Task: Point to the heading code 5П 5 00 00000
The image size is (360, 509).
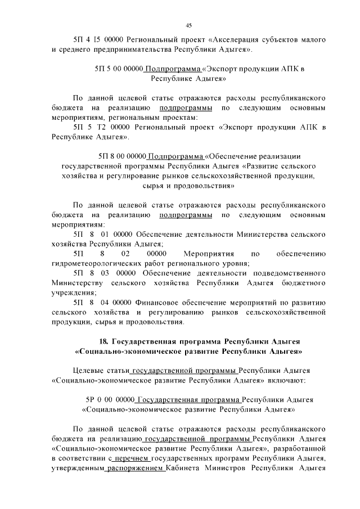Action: point(120,70)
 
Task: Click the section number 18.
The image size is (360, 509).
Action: point(103,342)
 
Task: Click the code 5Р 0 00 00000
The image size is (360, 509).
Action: point(110,400)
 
